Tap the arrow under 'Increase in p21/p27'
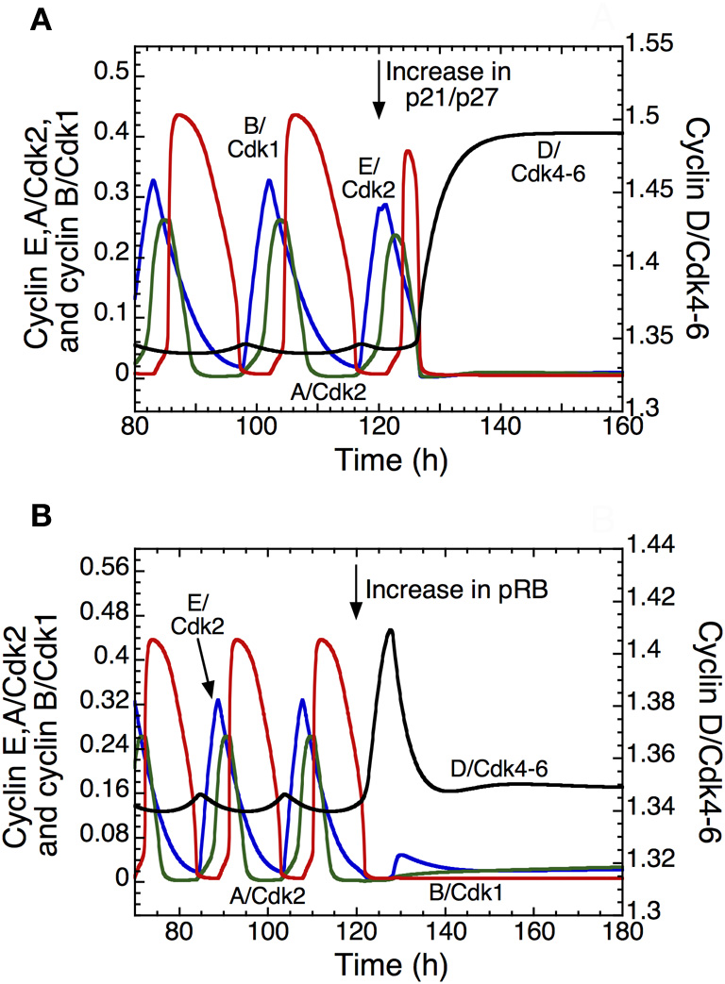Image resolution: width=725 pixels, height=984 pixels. pos(379,90)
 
